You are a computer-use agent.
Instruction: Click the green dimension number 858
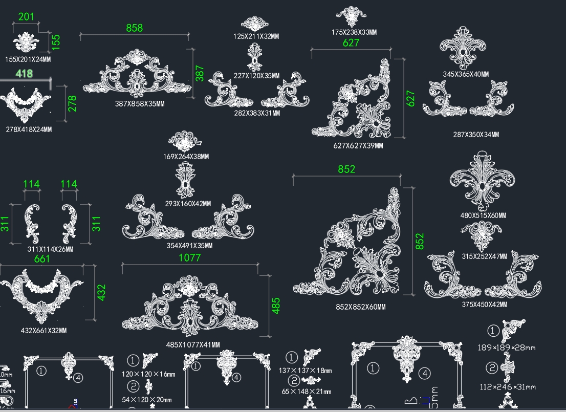pos(135,28)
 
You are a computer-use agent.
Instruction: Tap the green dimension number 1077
pos(189,257)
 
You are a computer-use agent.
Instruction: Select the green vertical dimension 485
pos(276,306)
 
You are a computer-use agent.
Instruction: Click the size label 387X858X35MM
pos(140,104)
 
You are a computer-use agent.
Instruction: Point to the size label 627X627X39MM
pos(358,145)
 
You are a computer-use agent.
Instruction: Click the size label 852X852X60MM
pos(360,307)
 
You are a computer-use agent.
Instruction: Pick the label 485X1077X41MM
pos(193,345)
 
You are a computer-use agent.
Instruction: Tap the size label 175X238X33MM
pos(354,32)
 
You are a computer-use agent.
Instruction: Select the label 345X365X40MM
pos(466,74)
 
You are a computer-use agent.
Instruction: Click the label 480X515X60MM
pos(483,215)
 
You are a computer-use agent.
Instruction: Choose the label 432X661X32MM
pos(43,331)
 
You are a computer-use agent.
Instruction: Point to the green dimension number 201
pos(26,16)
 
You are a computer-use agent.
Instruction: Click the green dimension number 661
pos(42,258)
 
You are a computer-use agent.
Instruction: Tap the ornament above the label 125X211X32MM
pos(255,24)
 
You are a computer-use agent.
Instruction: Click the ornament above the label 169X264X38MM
pos(185,141)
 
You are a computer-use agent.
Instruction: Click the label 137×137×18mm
pos(306,371)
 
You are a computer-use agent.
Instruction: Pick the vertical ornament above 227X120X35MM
pos(254,57)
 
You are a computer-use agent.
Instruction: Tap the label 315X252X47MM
pos(484,256)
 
